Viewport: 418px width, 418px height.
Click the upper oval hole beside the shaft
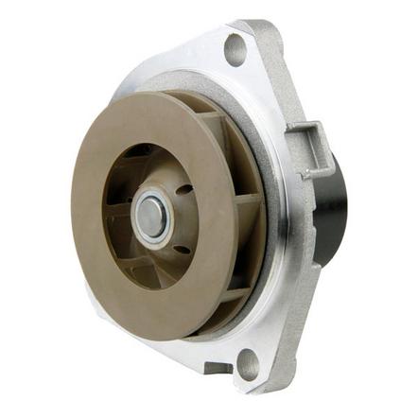(x=182, y=189)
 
